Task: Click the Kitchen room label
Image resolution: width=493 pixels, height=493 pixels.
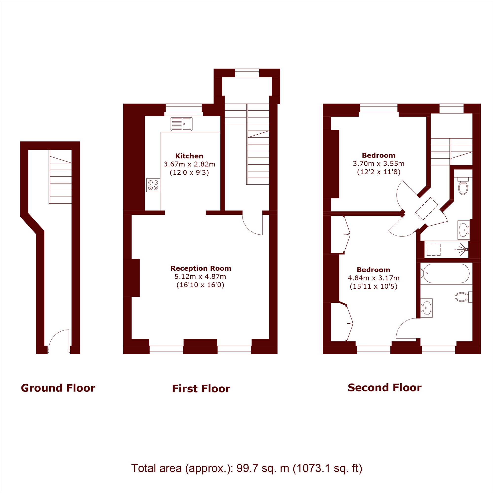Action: (189, 156)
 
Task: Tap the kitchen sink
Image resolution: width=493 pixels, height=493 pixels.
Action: (181, 124)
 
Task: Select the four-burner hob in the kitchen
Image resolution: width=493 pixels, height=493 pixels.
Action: (153, 185)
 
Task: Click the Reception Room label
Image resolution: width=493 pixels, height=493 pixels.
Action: (201, 268)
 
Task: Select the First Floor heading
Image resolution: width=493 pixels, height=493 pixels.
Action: (201, 389)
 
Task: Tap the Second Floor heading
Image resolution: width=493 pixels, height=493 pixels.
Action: (385, 387)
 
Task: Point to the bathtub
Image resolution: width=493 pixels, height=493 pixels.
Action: (446, 274)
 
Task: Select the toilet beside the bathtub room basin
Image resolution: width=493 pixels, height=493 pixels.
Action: (463, 297)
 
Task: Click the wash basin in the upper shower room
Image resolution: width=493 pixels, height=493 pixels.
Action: (463, 230)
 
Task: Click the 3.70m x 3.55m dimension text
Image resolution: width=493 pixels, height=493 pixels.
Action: (378, 164)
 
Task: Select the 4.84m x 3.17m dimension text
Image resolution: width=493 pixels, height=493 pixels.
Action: (374, 278)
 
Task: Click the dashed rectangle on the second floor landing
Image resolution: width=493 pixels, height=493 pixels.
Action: (426, 209)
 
